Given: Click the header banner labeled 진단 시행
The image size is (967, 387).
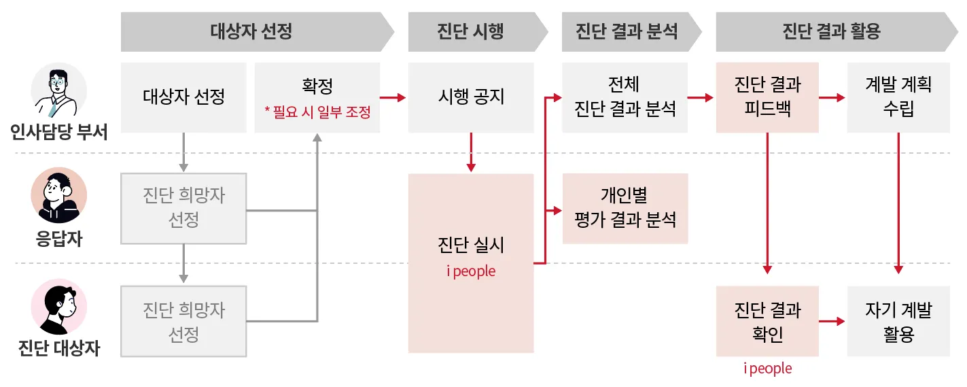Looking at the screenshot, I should tap(471, 32).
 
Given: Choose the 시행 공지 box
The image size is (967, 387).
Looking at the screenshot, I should tap(471, 97).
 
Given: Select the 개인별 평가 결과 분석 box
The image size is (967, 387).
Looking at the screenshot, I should tap(625, 208).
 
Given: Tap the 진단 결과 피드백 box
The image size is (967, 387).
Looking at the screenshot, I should tap(767, 97).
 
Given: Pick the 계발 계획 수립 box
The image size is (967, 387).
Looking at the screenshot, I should tap(898, 97).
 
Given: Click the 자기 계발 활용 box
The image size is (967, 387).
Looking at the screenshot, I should tap(898, 322).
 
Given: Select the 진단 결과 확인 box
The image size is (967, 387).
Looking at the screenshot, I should tap(767, 322).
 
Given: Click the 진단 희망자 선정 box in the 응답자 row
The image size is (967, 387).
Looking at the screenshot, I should tap(183, 208).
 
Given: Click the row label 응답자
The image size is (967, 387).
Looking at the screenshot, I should tap(59, 239).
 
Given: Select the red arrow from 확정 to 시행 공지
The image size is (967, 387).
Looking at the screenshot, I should tap(393, 98).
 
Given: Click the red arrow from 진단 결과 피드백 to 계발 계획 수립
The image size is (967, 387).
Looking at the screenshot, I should tap(832, 98).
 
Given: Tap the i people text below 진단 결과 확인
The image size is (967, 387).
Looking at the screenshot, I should tap(767, 369).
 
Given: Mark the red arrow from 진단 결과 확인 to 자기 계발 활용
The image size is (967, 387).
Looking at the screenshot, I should tap(832, 321).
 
